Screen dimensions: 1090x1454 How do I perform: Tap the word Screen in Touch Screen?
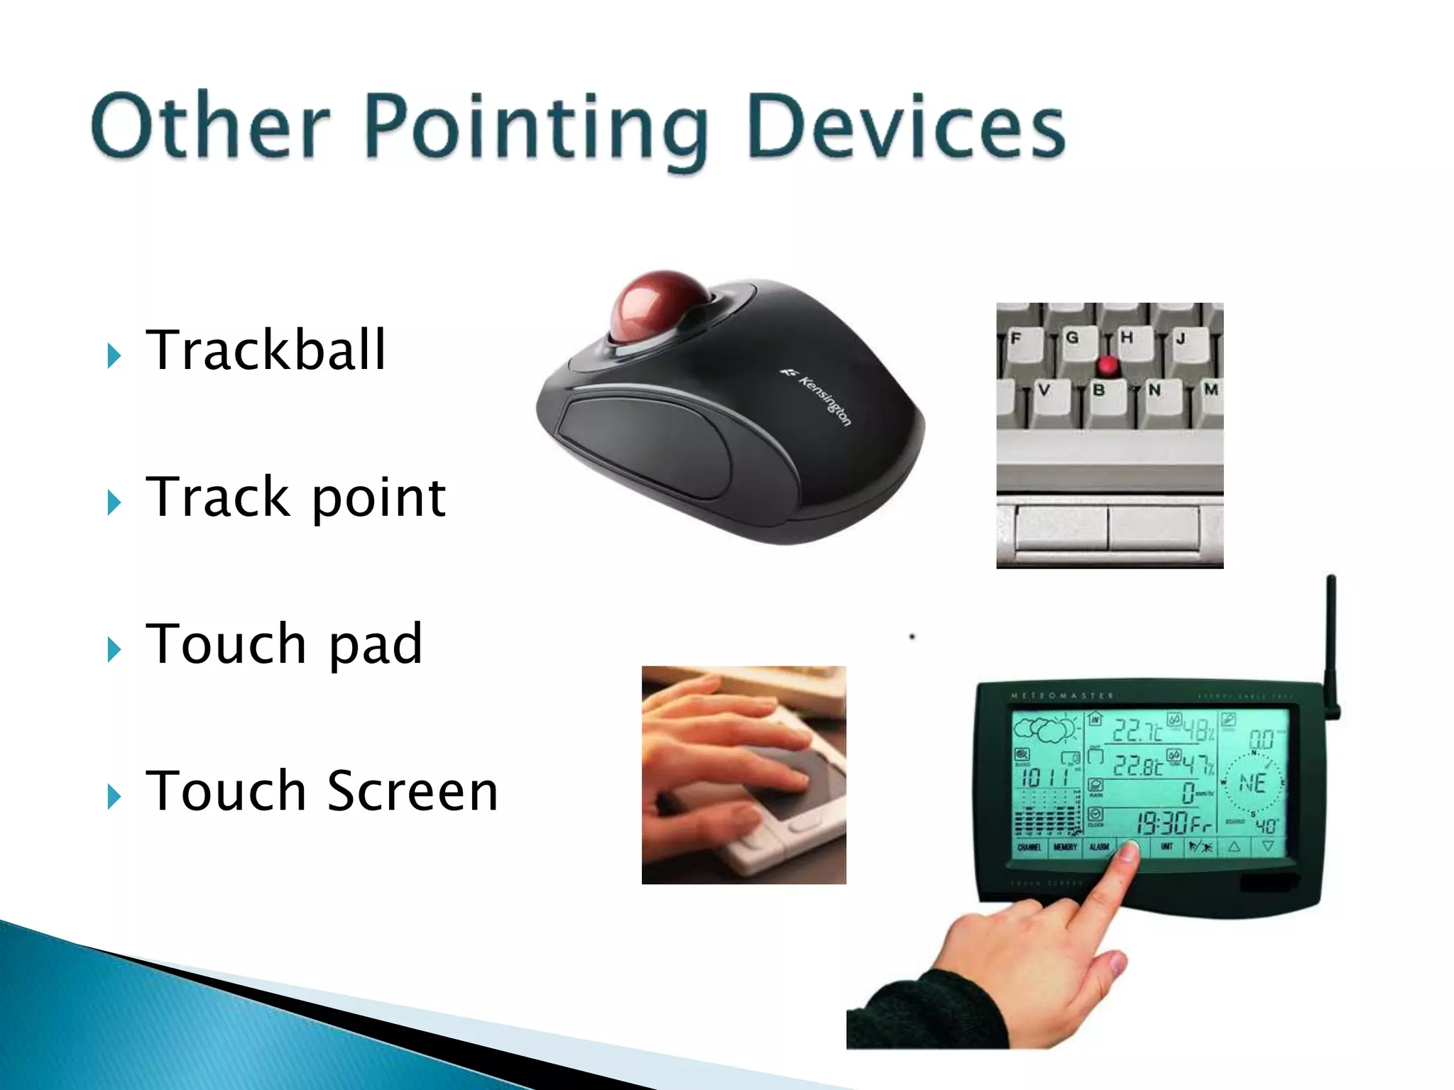[412, 791]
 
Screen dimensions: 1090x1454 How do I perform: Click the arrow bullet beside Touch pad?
[114, 649]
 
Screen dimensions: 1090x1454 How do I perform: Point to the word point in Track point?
[378, 498]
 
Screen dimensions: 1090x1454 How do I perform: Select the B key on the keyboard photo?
[1098, 391]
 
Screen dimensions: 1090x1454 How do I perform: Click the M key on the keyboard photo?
[1210, 390]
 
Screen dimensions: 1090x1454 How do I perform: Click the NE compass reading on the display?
[1252, 783]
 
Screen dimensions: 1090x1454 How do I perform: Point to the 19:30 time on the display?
[1162, 823]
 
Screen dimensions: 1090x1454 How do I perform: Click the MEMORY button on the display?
[1065, 847]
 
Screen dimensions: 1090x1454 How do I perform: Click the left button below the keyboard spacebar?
[1061, 527]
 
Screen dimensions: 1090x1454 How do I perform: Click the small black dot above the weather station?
[912, 637]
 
